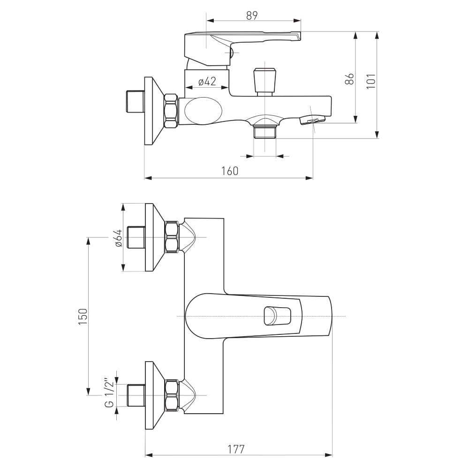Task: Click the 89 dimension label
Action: tap(252, 15)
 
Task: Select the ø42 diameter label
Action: tap(207, 81)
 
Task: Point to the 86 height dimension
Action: tap(349, 79)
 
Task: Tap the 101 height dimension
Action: tap(371, 81)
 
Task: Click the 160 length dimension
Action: tap(230, 171)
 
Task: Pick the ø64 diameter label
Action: tap(118, 238)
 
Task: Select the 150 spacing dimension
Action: tap(83, 317)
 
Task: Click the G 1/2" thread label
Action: tap(109, 394)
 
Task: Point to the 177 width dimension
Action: tap(236, 449)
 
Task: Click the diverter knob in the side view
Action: tap(265, 81)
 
